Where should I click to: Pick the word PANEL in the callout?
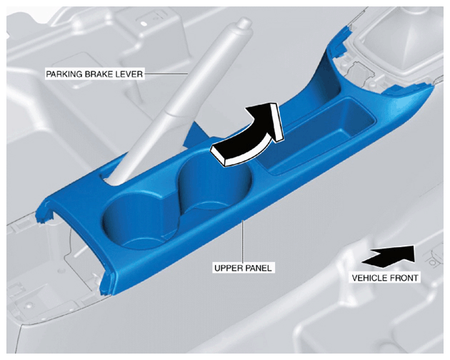(x=259, y=268)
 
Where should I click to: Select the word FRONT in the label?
(x=404, y=278)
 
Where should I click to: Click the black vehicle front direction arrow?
(x=389, y=257)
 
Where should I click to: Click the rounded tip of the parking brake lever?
(x=244, y=22)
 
